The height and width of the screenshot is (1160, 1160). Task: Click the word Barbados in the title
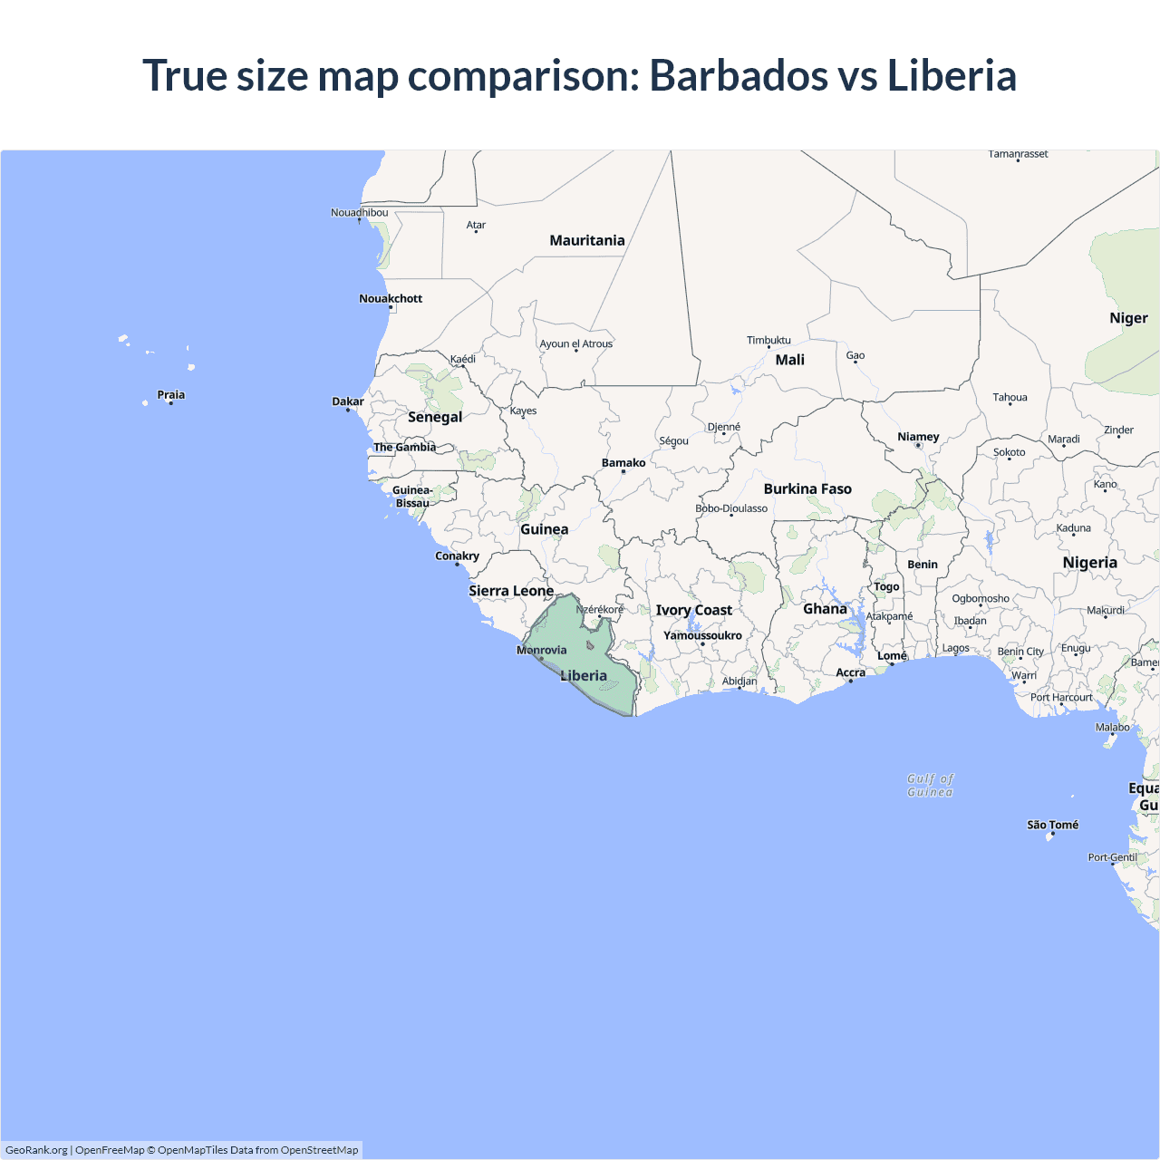[738, 75]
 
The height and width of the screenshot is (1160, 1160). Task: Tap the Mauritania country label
[587, 240]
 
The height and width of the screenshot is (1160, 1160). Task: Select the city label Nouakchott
[391, 298]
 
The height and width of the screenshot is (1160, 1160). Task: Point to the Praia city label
[171, 394]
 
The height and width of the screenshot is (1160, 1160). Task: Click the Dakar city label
[348, 401]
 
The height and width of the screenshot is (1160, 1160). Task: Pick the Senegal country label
[435, 417]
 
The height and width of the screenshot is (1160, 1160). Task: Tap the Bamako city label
[623, 462]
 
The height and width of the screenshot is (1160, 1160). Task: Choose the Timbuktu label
[768, 340]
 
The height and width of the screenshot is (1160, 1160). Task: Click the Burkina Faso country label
[807, 488]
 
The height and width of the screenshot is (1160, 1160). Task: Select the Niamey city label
[918, 437]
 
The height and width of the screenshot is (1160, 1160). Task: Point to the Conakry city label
[457, 556]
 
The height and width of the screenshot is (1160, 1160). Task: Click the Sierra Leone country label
[511, 591]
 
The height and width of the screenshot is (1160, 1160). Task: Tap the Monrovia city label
[542, 650]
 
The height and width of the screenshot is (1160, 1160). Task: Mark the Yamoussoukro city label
[702, 635]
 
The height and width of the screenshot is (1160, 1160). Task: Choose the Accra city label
[850, 672]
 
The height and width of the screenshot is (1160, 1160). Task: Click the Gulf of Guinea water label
[931, 785]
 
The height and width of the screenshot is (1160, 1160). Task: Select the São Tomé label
[1052, 825]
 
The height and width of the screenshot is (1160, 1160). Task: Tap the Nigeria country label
[1089, 562]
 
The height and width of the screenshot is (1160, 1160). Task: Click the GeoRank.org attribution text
[36, 1150]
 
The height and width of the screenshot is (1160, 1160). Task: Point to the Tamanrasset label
[1018, 154]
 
